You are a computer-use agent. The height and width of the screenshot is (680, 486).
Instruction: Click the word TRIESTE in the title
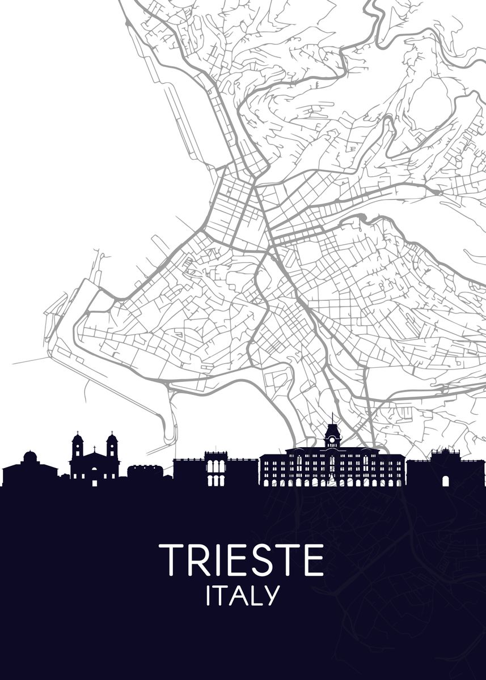(241, 560)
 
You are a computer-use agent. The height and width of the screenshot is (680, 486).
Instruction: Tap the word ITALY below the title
(243, 596)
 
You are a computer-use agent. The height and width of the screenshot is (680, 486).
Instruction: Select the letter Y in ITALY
(272, 596)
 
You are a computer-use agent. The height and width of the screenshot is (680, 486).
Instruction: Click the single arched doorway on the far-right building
(446, 481)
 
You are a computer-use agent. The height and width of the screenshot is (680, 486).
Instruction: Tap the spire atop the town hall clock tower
(332, 419)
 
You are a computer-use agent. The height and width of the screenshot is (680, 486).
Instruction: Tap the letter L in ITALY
(256, 596)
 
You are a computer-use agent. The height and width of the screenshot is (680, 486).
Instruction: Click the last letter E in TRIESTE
(314, 560)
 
